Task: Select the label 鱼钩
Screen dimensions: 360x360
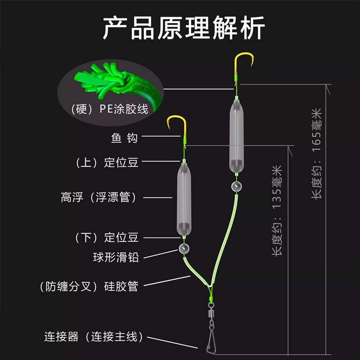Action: click(x=124, y=138)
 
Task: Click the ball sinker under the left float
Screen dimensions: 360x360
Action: click(x=184, y=248)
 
